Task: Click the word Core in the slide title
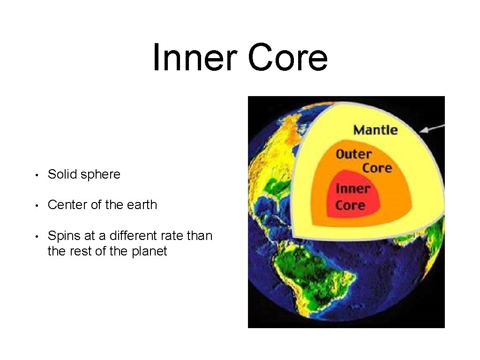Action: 287,57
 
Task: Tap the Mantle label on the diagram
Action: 375,129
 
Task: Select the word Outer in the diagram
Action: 354,154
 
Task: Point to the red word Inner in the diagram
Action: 353,188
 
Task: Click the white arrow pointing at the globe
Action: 433,127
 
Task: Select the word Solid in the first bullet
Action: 62,174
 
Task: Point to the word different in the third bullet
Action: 133,235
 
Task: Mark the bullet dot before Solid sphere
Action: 37,175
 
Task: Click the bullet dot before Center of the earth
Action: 37,206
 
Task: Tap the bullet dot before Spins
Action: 37,236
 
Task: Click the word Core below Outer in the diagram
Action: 377,168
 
